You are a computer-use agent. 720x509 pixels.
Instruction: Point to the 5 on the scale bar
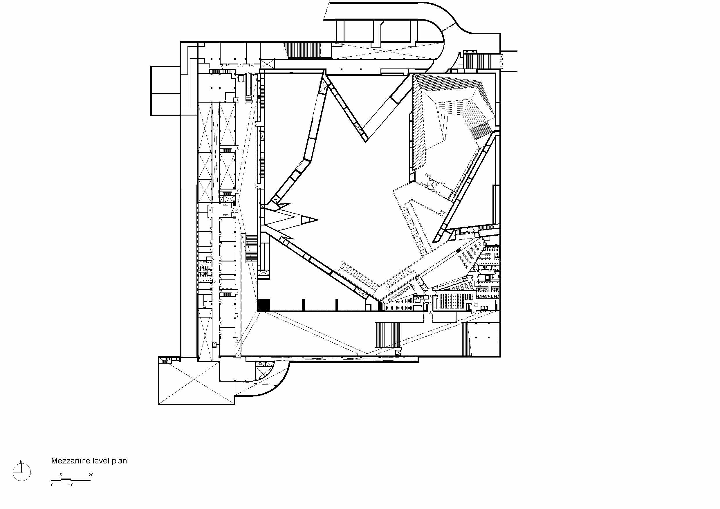[x=61, y=475]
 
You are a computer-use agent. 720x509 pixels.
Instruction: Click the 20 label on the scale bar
[x=91, y=475]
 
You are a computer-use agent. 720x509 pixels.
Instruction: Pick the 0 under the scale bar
[x=52, y=485]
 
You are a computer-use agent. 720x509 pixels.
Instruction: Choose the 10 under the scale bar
[x=71, y=485]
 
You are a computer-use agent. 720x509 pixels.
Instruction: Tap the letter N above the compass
[x=21, y=462]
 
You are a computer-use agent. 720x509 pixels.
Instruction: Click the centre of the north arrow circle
[x=22, y=472]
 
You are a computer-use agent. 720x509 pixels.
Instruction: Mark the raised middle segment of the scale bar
[x=66, y=479]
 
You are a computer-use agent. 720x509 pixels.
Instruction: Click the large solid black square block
[x=264, y=304]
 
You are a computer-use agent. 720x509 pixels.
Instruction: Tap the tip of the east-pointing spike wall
[x=318, y=220]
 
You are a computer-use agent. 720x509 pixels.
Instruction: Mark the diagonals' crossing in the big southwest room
[x=196, y=380]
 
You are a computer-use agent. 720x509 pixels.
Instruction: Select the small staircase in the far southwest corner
[x=165, y=360]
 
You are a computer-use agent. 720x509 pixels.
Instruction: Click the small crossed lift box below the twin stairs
[x=398, y=353]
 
